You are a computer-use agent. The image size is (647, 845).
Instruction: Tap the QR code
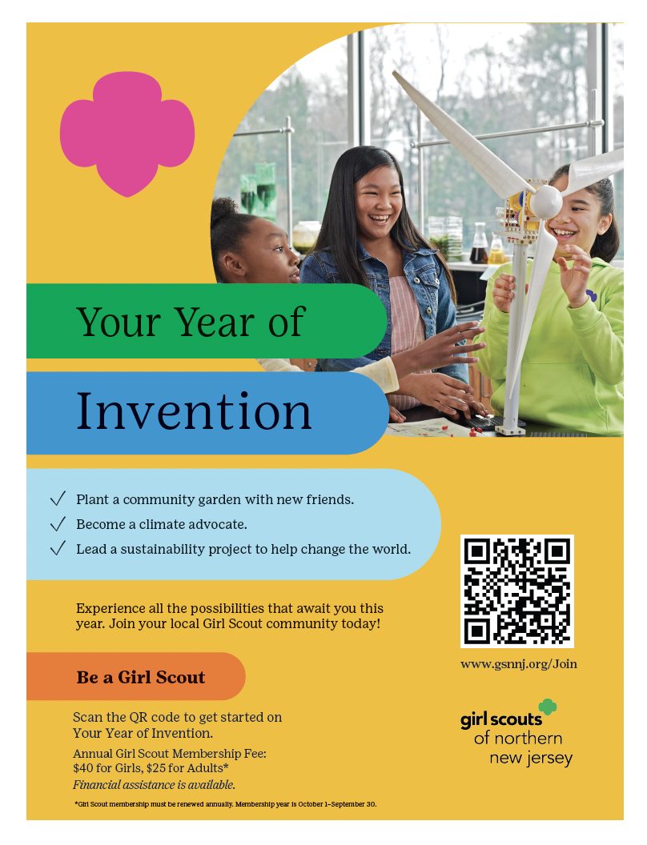pos(517,591)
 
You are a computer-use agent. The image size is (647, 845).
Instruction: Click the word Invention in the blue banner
pos(194,411)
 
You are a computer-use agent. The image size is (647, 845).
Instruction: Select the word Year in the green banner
pos(215,322)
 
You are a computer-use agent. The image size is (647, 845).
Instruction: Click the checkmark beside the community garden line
pos(58,499)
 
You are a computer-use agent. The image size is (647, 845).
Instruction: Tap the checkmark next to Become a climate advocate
pos(58,523)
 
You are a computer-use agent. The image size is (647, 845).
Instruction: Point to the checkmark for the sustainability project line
pos(58,548)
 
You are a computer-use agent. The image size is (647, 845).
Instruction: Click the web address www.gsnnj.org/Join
pos(519,664)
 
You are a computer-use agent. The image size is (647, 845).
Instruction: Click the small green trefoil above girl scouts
pos(548,707)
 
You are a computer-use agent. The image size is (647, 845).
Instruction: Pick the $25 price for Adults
pos(155,768)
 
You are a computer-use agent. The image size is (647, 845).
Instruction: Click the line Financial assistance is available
pos(155,785)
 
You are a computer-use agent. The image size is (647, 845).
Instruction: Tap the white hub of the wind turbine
pos(547,202)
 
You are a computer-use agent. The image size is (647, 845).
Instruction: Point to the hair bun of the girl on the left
pos(223,207)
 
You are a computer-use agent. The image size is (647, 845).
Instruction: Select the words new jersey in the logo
pos(531,759)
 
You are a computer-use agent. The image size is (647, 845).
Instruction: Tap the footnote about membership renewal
pos(225,804)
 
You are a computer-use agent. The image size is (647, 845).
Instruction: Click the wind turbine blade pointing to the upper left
pos(463,134)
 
